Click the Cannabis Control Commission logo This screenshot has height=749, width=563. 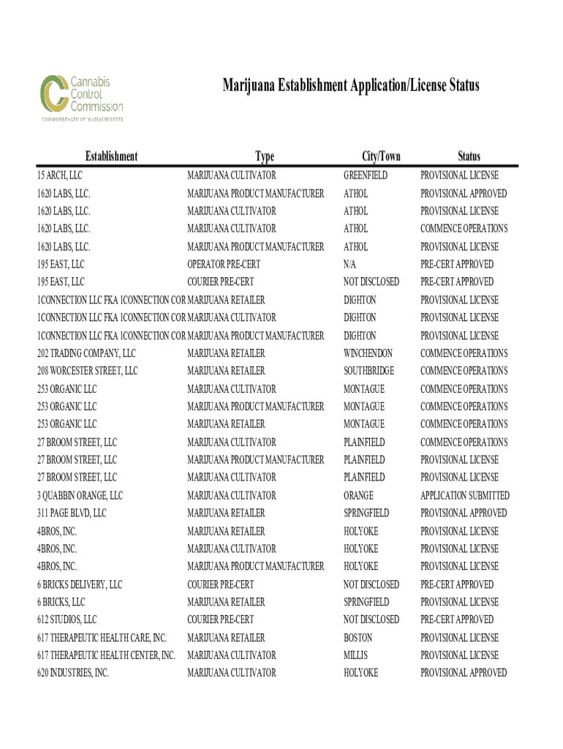click(80, 97)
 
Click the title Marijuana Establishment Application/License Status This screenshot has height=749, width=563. click(351, 86)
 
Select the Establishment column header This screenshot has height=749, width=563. click(111, 156)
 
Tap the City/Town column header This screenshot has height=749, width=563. click(381, 156)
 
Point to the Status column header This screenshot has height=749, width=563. click(469, 156)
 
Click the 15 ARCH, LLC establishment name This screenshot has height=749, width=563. click(60, 176)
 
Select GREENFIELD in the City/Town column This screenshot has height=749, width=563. click(366, 176)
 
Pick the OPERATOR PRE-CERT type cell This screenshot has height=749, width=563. click(224, 264)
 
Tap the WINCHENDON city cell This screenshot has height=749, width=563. click(368, 353)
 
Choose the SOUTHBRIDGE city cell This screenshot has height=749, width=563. click(369, 371)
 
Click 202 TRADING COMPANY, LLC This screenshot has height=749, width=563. click(86, 353)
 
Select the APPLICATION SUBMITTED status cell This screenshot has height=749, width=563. click(465, 495)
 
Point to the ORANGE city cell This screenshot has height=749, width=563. click(358, 495)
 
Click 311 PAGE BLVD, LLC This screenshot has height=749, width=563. click(72, 513)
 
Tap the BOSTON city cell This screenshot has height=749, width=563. click(358, 638)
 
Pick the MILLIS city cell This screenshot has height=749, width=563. click(356, 655)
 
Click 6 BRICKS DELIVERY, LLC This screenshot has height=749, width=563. click(80, 584)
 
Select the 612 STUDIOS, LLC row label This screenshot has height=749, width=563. click(67, 620)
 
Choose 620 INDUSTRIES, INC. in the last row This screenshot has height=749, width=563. click(73, 673)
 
